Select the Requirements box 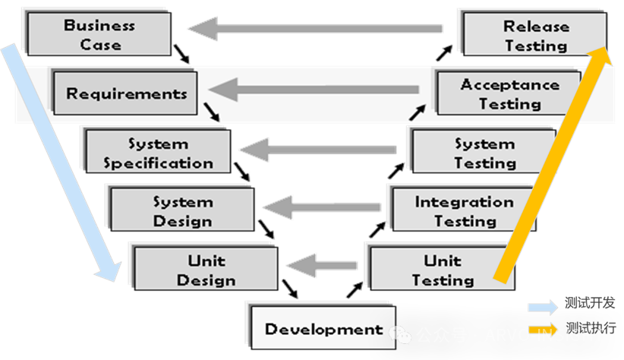pyautogui.click(x=126, y=93)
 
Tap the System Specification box pyautogui.click(x=158, y=153)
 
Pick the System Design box pyautogui.click(x=183, y=211)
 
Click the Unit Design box pyautogui.click(x=206, y=270)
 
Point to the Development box pyautogui.click(x=323, y=329)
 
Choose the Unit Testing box pyautogui.click(x=442, y=270)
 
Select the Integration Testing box pyautogui.click(x=464, y=211)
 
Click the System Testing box pyautogui.click(x=484, y=153)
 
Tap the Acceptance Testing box pyautogui.click(x=509, y=93)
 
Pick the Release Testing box pyautogui.click(x=536, y=35)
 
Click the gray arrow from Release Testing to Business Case pyautogui.click(x=315, y=30)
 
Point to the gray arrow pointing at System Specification pyautogui.click(x=319, y=148)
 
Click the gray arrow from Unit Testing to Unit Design pyautogui.click(x=323, y=265)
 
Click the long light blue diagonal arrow pyautogui.click(x=60, y=163)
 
